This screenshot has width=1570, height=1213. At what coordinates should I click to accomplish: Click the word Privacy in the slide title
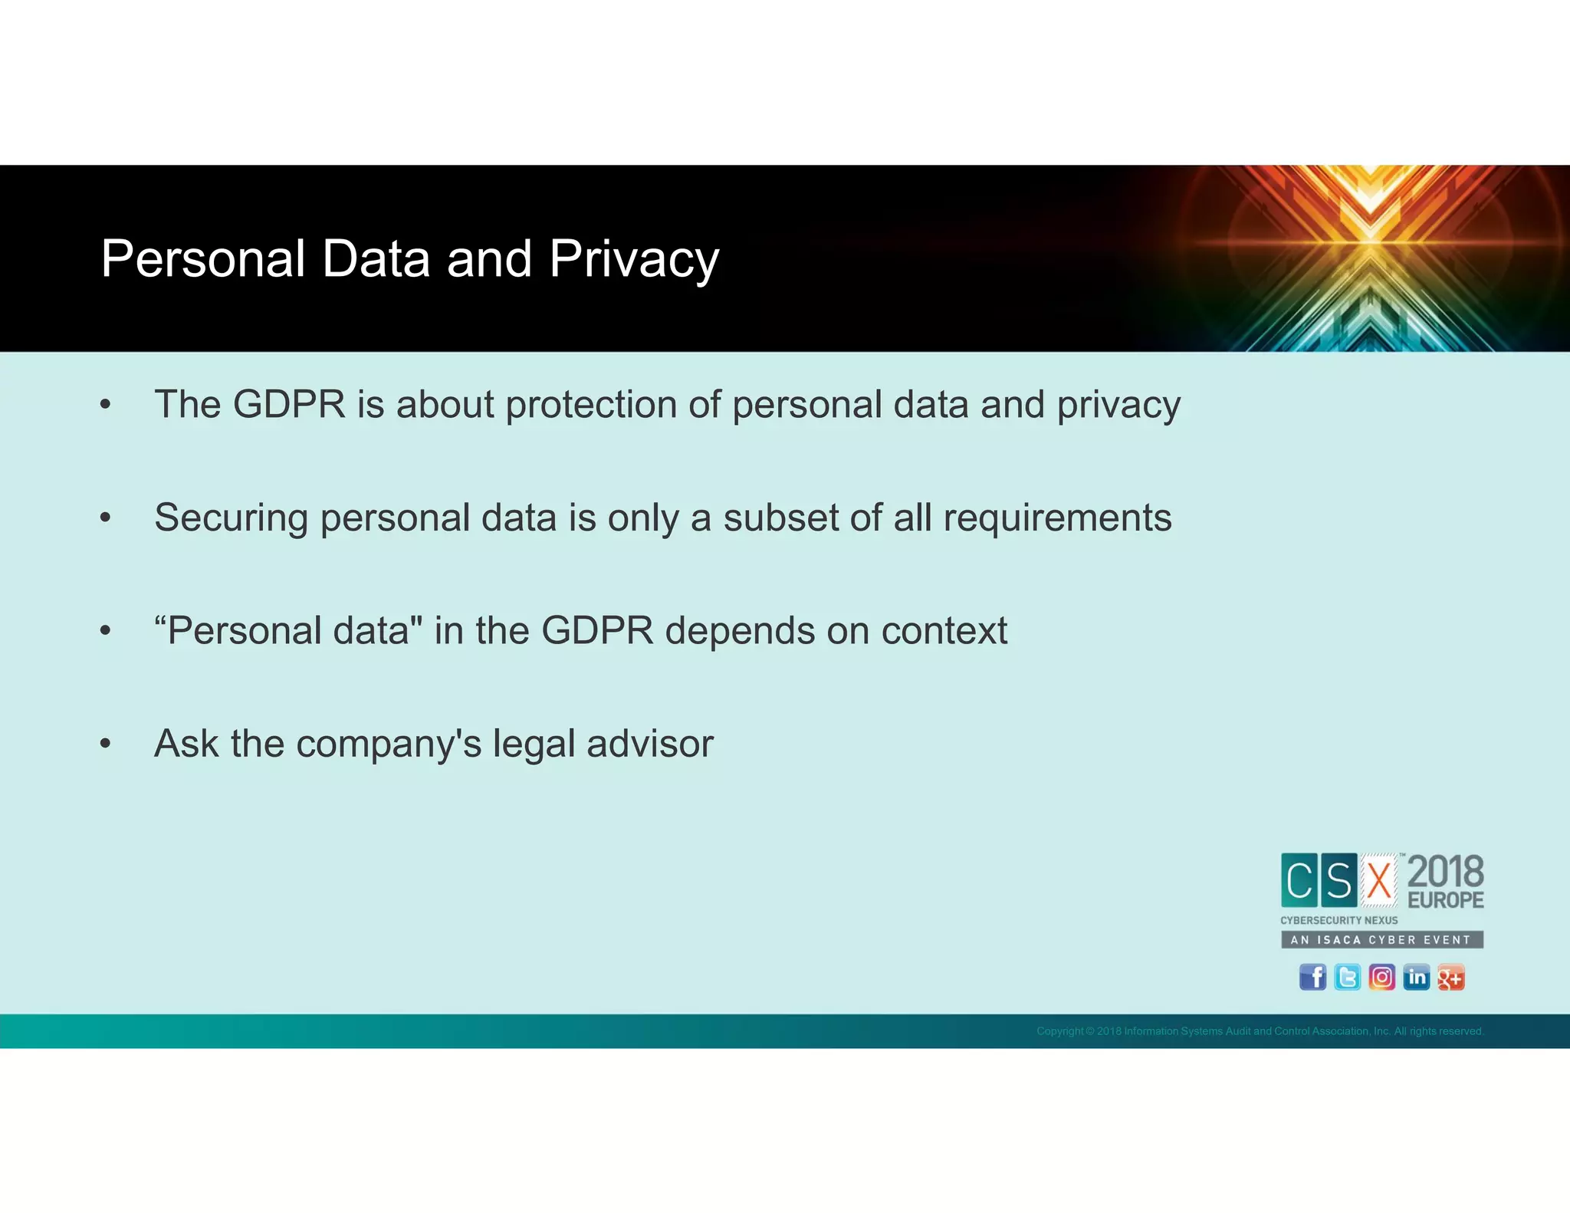(633, 259)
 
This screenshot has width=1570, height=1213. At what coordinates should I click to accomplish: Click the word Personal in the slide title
(203, 259)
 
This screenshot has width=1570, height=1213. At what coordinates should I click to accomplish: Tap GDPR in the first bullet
(289, 404)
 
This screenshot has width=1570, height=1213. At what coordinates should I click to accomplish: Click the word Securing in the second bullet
(231, 518)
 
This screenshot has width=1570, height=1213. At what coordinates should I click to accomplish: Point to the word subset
(780, 518)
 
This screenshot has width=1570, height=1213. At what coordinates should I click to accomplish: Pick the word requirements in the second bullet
(1057, 518)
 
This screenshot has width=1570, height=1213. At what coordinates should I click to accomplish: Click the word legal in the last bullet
(534, 743)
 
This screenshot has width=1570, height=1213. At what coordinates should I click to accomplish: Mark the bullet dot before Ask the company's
(106, 743)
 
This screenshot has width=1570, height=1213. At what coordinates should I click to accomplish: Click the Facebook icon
(1312, 977)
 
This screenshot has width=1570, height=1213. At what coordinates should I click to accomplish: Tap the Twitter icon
(1347, 977)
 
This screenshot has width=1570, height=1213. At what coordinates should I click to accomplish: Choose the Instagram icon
(1381, 977)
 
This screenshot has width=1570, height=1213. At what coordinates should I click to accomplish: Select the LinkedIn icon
(1416, 977)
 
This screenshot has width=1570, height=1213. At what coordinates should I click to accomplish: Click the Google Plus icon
(1450, 977)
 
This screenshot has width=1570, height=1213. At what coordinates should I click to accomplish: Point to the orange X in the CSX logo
(1379, 880)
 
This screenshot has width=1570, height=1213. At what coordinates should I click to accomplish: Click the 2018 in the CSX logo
(1445, 872)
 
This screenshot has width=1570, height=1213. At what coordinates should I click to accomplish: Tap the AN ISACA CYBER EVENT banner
(1381, 939)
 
